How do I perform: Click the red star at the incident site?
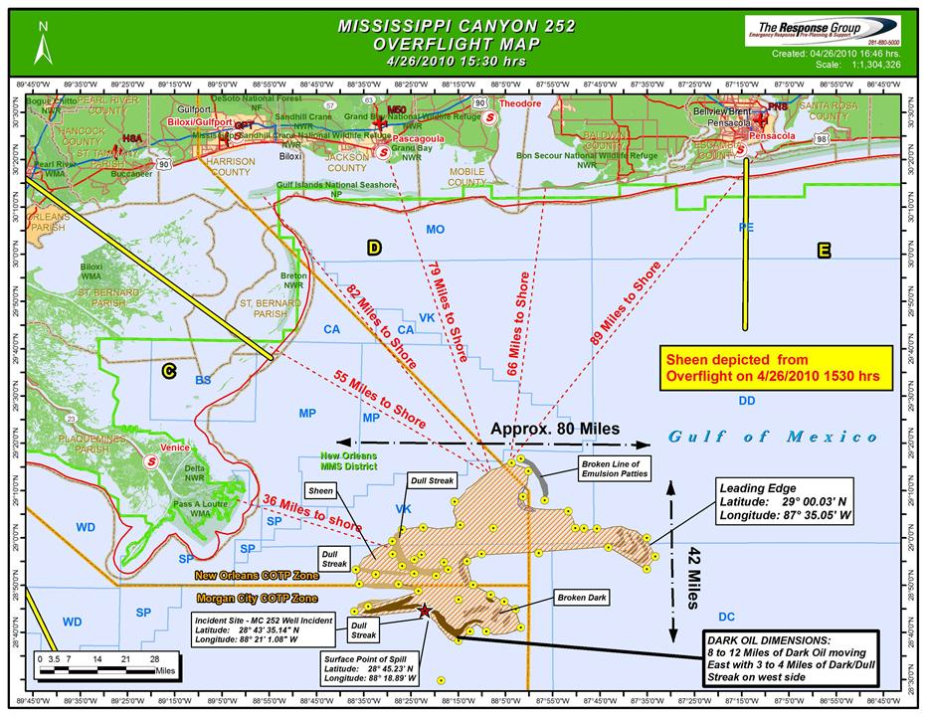pyautogui.click(x=425, y=611)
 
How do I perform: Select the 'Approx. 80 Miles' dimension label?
pyautogui.click(x=556, y=429)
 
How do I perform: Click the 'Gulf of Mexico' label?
pyautogui.click(x=773, y=437)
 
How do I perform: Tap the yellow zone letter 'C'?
pyautogui.click(x=169, y=371)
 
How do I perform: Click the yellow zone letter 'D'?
pyautogui.click(x=374, y=249)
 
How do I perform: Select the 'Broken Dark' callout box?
pyautogui.click(x=581, y=598)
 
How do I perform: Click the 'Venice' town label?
pyautogui.click(x=174, y=448)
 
